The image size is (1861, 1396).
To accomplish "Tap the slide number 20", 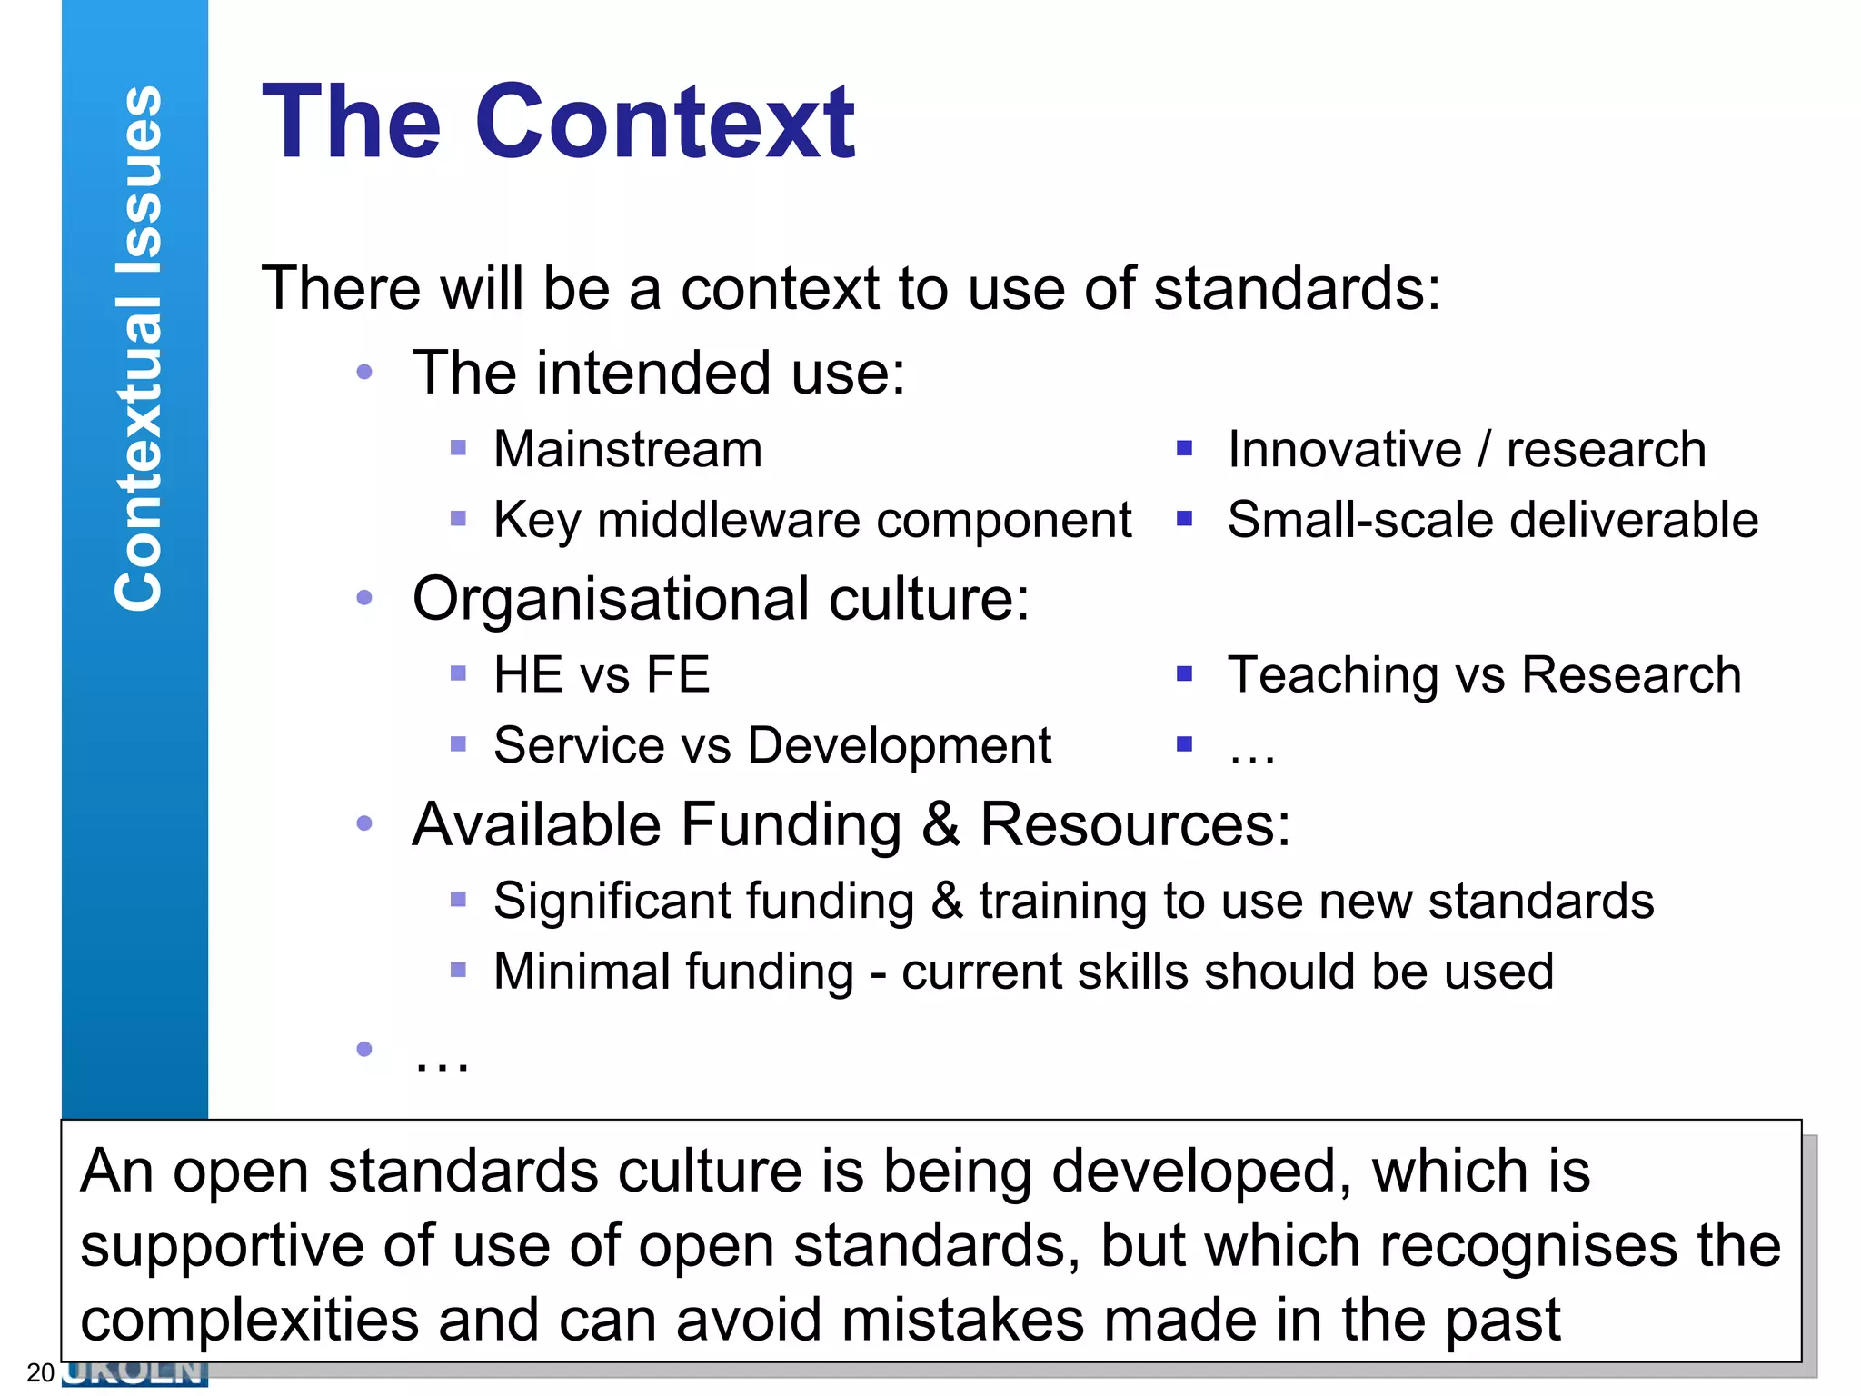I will [x=40, y=1372].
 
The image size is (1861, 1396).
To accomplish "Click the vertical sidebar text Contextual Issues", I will [x=138, y=348].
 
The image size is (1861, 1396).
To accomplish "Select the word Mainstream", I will [x=628, y=449].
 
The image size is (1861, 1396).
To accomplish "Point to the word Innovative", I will [x=1344, y=449].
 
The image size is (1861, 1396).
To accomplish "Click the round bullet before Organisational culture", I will [x=364, y=598].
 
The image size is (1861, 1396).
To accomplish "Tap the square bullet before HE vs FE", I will [x=458, y=673].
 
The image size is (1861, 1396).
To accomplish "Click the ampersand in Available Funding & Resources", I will [x=940, y=825].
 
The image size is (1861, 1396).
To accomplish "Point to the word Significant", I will [x=612, y=902].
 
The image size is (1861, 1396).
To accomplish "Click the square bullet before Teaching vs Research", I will [x=1184, y=673].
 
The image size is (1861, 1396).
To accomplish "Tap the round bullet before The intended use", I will [x=364, y=372].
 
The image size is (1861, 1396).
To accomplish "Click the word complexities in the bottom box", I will [x=250, y=1320].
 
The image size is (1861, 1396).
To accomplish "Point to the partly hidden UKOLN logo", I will [x=136, y=1373].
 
